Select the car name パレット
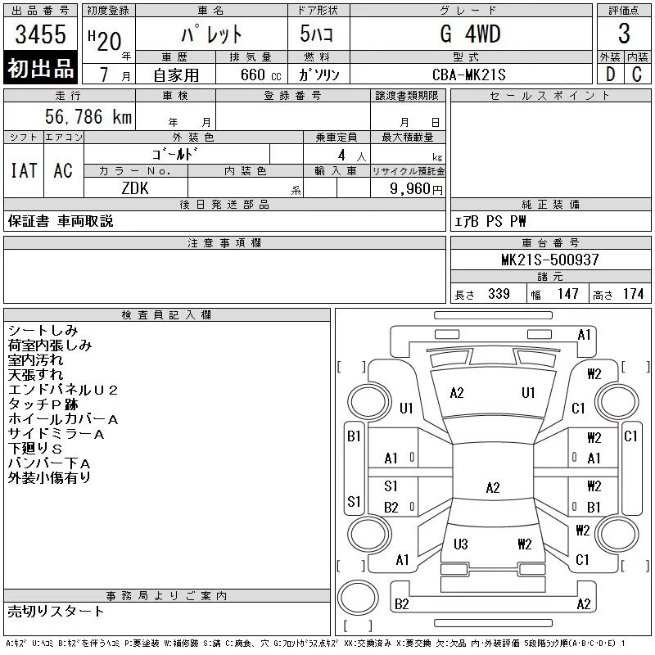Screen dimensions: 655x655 point(211,34)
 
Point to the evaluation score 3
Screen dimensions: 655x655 point(624,34)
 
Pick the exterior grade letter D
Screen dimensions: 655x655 point(609,75)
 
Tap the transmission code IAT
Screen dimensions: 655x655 point(23,170)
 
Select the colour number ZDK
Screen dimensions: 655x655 point(136,187)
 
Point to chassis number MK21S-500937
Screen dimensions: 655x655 point(550,260)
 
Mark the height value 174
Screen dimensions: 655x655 point(633,294)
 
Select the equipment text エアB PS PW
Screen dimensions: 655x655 point(490,222)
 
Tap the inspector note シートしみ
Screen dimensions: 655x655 point(43,331)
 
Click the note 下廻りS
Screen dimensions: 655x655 point(35,449)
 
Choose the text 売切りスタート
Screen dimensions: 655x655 point(56,611)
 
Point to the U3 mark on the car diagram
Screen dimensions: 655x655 point(460,544)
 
